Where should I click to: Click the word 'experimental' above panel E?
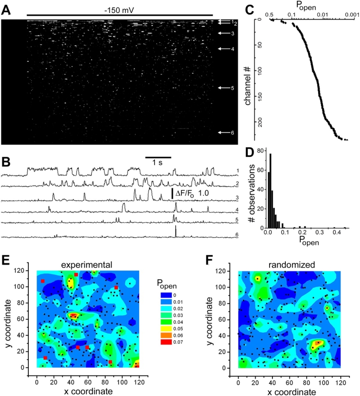click(89, 264)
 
